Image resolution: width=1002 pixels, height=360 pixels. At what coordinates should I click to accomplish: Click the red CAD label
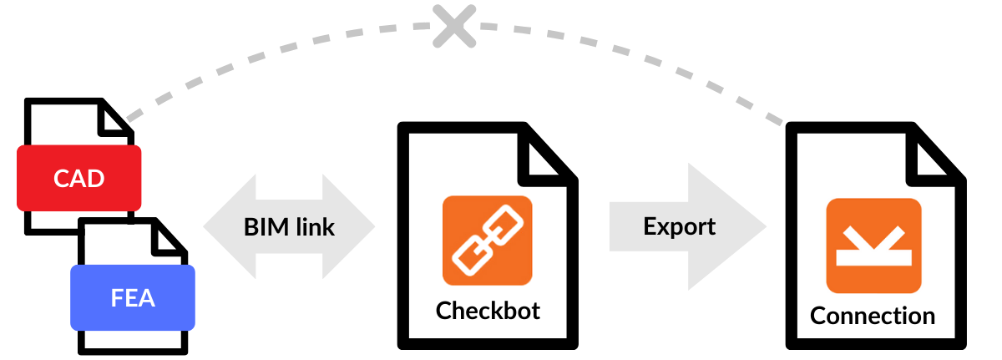click(79, 177)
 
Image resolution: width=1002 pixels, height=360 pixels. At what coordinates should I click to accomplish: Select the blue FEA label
click(132, 297)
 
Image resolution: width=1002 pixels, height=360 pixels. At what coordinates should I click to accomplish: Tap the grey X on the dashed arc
click(454, 25)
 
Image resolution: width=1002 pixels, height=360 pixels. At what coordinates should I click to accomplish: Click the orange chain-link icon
click(487, 241)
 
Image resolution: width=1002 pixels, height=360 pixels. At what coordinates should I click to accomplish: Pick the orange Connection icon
click(873, 246)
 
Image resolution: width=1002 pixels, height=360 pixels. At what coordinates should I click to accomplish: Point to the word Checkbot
click(488, 311)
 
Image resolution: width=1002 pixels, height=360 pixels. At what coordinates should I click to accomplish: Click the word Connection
click(873, 317)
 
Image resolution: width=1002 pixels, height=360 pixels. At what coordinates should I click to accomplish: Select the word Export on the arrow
click(679, 226)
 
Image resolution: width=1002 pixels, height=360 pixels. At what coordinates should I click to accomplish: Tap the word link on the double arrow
click(315, 227)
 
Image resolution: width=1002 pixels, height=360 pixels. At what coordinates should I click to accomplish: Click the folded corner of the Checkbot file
click(550, 151)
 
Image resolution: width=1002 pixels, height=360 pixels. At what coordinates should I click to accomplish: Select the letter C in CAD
click(62, 178)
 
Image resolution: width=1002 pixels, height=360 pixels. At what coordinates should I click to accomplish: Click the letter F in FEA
click(117, 298)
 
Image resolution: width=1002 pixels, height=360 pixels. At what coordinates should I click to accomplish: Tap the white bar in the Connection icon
click(873, 261)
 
